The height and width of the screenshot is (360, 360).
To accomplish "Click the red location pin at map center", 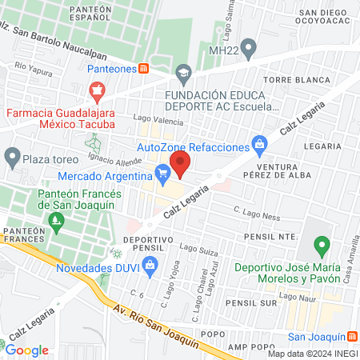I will pyautogui.click(x=180, y=164).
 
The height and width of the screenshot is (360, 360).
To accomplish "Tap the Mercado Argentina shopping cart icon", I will pyautogui.click(x=163, y=171).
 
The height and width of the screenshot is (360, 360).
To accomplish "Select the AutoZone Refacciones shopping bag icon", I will pyautogui.click(x=258, y=145).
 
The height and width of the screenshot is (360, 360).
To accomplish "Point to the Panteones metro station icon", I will pyautogui.click(x=143, y=69).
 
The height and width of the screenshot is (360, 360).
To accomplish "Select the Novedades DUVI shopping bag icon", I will pyautogui.click(x=156, y=264).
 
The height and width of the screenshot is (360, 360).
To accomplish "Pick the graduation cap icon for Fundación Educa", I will pyautogui.click(x=184, y=73).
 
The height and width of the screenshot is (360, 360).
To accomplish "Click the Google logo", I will pyautogui.click(x=27, y=350).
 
